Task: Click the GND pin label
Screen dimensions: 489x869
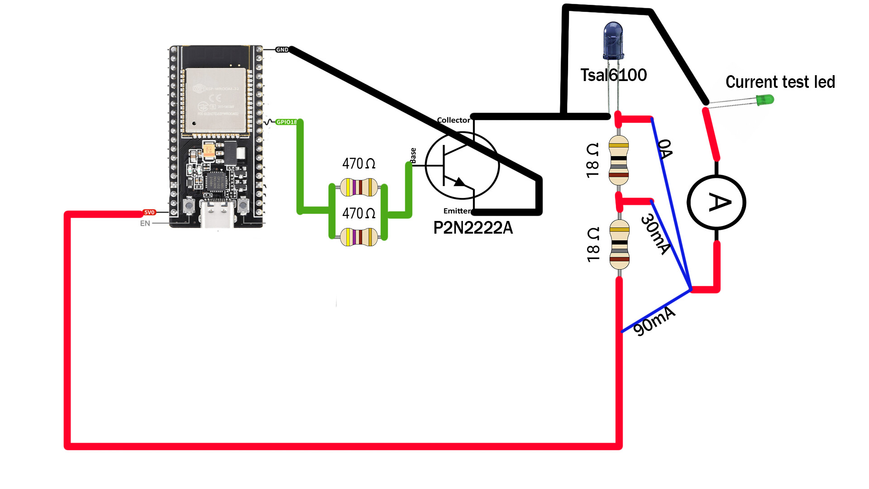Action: (282, 50)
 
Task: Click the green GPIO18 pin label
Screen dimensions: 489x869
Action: (286, 122)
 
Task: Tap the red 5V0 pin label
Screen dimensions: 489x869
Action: (149, 212)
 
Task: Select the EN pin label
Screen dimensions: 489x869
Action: (145, 223)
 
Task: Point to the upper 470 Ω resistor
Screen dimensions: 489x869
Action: (359, 187)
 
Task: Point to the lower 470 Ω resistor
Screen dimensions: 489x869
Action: (359, 237)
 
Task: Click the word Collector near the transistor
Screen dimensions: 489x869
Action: (453, 120)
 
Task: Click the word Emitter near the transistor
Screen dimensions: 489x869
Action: (457, 211)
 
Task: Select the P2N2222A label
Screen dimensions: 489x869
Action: (473, 228)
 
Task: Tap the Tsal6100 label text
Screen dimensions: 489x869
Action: (613, 75)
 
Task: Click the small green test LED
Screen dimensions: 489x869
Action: (765, 100)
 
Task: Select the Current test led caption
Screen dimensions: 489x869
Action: (780, 82)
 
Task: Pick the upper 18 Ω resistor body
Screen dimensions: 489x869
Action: (619, 160)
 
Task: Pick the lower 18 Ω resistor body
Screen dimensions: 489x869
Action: (619, 244)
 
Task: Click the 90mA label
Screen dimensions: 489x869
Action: (654, 321)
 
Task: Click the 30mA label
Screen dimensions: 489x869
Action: (655, 234)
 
